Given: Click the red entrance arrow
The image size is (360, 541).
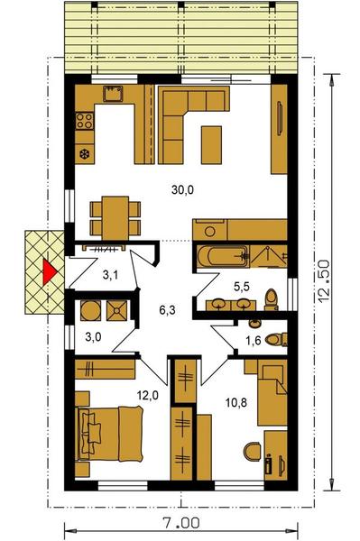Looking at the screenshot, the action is tap(49, 272).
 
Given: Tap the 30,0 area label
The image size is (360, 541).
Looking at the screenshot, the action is tap(182, 189).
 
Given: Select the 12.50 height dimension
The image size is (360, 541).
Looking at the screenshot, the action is tap(324, 282).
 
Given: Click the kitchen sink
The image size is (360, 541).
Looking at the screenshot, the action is tap(113, 94).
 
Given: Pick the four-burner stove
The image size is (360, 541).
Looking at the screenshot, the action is tap(85, 121).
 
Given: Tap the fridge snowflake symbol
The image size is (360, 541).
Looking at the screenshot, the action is tap(84, 154).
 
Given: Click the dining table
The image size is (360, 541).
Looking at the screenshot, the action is tap(115, 217).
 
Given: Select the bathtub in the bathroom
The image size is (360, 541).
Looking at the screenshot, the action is tap(222, 256).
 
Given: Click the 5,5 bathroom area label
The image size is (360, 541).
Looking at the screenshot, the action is tap(242, 286).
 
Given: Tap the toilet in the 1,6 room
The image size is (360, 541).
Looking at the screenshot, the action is tap(276, 339).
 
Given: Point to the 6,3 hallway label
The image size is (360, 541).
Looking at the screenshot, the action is tap(167, 310).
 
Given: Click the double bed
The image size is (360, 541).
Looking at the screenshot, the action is tap(111, 434).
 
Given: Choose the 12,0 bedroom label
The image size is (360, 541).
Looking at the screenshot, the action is tap(148, 396).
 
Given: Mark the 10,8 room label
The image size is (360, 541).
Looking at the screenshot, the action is tap(236, 402).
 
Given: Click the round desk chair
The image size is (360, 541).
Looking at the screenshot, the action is tap(253, 451).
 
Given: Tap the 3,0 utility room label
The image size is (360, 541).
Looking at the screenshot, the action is tap(93, 336).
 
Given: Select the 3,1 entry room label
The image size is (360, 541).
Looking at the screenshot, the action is tap(110, 275).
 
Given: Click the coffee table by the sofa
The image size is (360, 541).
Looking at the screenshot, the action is tap(211, 144).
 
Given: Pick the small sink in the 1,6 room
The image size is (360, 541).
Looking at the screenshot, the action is tap(254, 324).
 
